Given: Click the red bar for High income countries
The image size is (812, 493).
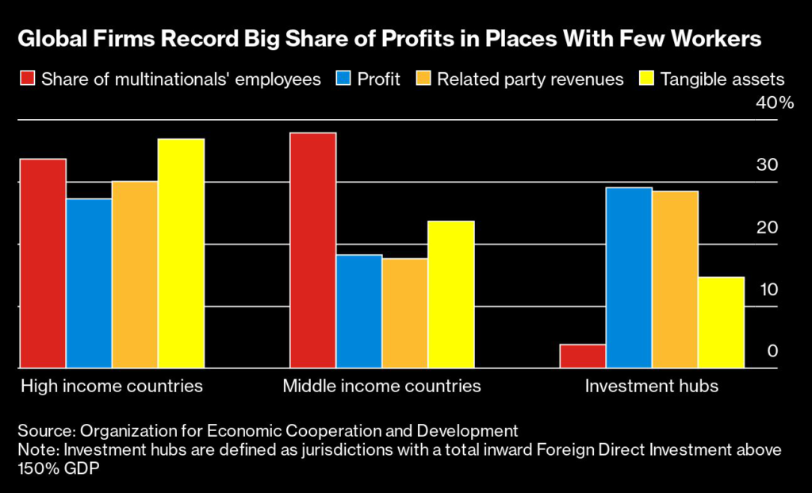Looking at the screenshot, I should [43, 264].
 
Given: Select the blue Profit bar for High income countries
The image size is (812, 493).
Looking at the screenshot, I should [89, 283].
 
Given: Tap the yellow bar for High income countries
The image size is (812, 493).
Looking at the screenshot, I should [181, 253].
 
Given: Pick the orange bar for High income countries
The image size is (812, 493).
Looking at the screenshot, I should [135, 275].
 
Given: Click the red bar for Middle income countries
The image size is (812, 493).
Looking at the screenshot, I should [313, 250].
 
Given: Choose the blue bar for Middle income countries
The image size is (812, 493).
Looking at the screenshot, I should [359, 311].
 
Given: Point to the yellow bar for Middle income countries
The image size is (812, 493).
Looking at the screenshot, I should [451, 295].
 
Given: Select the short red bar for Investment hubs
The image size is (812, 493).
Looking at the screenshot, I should [583, 356].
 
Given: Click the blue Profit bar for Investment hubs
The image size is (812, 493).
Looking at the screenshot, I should [629, 278].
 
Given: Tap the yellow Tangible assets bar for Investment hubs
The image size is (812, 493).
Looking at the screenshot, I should [721, 322].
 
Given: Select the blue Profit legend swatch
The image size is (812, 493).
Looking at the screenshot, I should [346, 79].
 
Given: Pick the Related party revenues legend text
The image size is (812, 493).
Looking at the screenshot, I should [530, 79].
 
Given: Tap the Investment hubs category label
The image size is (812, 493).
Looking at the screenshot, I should [652, 387].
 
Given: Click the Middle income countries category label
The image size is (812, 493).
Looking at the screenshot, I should [382, 387].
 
